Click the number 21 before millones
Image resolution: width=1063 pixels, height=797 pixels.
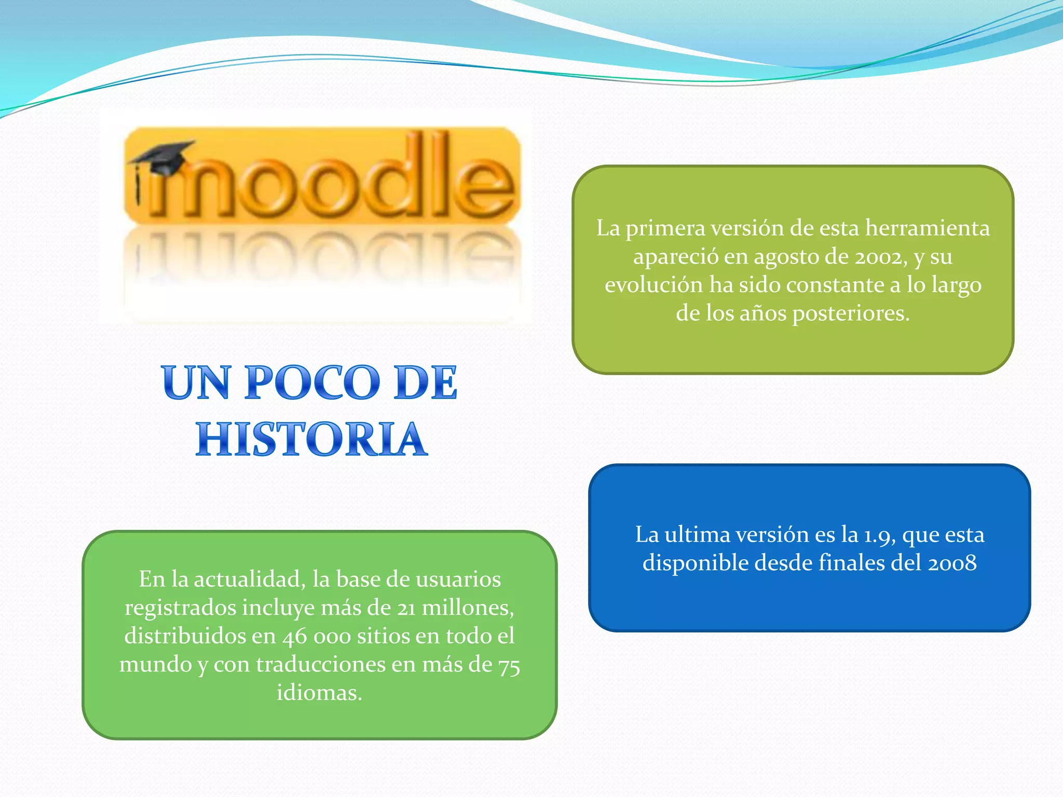pos(406,608)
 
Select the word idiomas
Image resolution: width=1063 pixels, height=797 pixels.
pos(319,693)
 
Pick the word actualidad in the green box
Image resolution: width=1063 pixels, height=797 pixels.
pos(250,580)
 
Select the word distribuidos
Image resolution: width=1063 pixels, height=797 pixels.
pos(185,636)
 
